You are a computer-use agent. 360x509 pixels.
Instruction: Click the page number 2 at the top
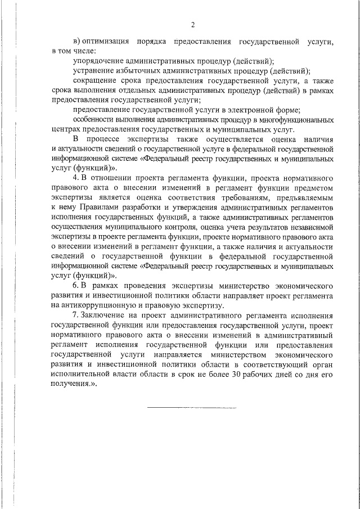pyautogui.click(x=192, y=25)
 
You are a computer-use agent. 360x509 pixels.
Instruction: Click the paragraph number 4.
pyautogui.click(x=76, y=178)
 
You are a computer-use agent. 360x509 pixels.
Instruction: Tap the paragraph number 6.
pyautogui.click(x=76, y=286)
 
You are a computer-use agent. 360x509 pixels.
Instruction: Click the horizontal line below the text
pyautogui.click(x=192, y=407)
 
